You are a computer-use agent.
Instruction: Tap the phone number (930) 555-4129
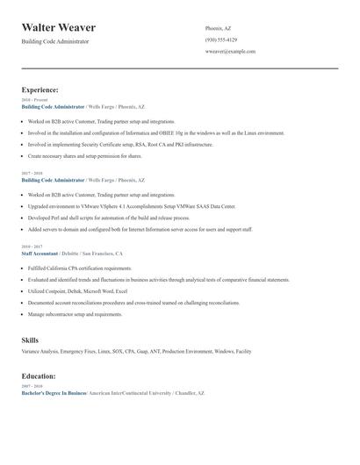(x=220, y=40)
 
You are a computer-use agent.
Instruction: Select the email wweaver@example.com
(x=230, y=52)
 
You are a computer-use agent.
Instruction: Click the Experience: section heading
(x=40, y=89)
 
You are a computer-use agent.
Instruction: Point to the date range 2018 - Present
(x=35, y=100)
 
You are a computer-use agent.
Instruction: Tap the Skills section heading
(x=30, y=340)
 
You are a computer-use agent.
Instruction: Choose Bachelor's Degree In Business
(x=54, y=393)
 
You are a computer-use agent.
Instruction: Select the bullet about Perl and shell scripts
(x=109, y=217)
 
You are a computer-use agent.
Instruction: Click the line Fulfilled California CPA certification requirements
(x=80, y=268)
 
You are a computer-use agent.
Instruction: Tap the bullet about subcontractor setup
(x=76, y=313)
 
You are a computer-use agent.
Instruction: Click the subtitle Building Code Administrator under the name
(x=54, y=41)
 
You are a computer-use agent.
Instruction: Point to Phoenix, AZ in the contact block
(x=219, y=28)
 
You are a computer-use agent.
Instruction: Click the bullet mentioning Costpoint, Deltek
(x=78, y=290)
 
